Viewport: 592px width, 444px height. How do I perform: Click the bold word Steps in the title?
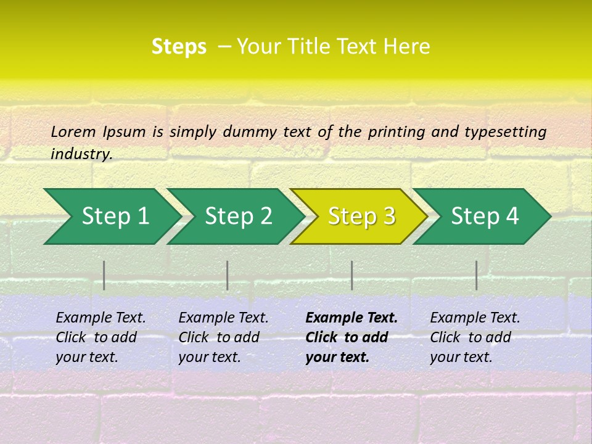coord(179,47)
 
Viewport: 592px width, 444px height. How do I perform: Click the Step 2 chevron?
coord(238,216)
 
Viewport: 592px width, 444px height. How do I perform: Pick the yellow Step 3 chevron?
coord(361,216)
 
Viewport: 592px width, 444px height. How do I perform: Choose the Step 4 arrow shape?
coord(485,216)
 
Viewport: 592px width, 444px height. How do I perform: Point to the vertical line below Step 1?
coord(104,275)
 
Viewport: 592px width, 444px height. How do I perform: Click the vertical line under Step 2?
coord(228,275)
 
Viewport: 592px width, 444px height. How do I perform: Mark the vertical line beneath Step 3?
coord(351,275)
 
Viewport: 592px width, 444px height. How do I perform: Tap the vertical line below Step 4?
coord(476,275)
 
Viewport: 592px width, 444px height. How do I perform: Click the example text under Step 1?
coord(101,337)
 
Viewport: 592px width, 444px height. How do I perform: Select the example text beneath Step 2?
coord(223,337)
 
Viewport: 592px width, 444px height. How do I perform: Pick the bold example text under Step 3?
coord(351,337)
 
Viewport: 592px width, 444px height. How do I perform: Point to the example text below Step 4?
coord(475,337)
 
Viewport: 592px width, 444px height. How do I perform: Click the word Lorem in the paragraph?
coord(73,131)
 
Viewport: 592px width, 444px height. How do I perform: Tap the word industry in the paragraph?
coord(81,154)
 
